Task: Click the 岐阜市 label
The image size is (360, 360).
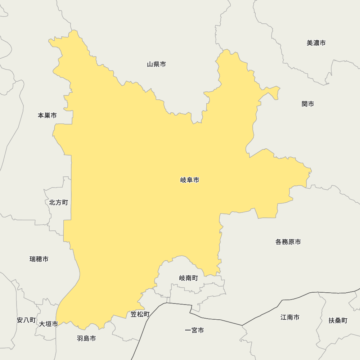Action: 190,180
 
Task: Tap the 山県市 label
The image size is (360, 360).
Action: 156,64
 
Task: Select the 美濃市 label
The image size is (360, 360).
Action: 316,43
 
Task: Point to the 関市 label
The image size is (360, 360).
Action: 308,104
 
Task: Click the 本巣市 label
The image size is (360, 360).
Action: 47,116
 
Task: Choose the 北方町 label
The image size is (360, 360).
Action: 58,202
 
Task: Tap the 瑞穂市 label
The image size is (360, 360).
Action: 39,259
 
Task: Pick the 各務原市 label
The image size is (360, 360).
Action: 288,242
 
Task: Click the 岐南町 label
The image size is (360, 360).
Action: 188,278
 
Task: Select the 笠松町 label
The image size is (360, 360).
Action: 140,314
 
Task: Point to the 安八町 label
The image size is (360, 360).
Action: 26,320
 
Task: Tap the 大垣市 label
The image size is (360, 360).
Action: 49,324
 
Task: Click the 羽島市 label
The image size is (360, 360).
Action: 86,338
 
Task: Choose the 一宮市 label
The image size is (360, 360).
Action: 194,330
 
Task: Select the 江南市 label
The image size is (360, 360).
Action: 290,317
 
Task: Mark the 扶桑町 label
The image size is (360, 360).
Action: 338,320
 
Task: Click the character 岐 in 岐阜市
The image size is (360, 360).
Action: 183,180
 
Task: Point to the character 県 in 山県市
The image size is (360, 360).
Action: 156,64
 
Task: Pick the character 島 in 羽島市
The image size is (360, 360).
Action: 86,338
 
